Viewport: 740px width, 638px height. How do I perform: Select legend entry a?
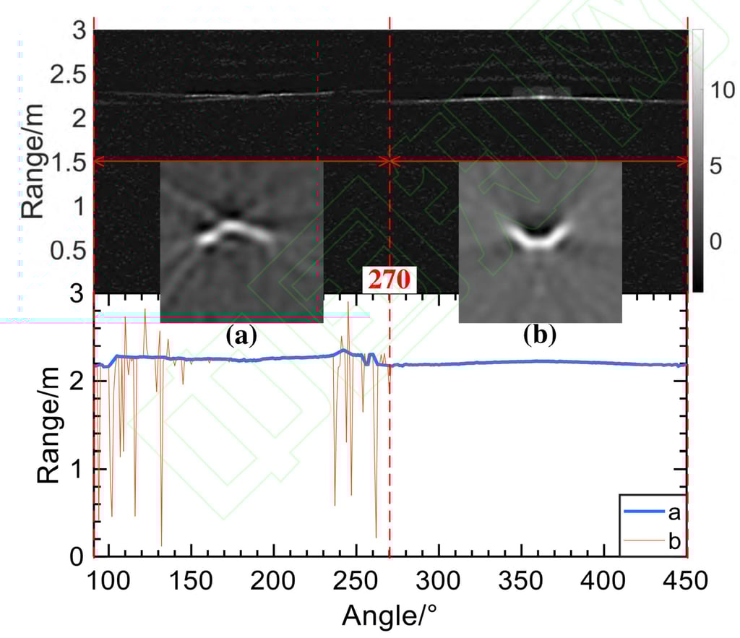coord(673,513)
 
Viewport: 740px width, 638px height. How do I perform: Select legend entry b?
coord(673,539)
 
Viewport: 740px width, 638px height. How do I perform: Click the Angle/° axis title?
coord(388,616)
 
